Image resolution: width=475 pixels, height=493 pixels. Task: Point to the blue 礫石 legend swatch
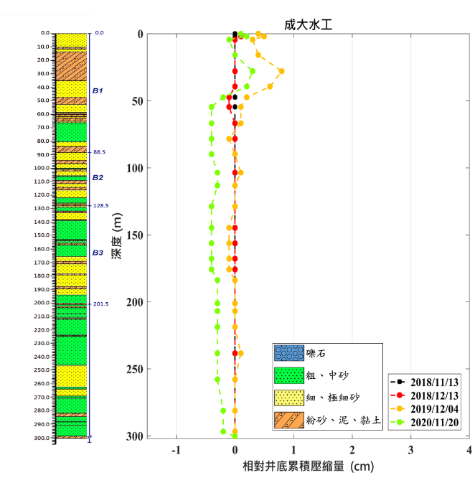(288, 353)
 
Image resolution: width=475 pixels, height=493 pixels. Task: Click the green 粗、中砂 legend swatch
(288, 375)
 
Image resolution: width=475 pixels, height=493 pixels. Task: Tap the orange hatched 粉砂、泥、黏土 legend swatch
(288, 420)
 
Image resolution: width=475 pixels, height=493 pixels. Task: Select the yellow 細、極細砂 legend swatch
(288, 398)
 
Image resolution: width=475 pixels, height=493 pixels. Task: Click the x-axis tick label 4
(469, 450)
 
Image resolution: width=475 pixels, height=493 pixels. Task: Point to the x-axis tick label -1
(176, 450)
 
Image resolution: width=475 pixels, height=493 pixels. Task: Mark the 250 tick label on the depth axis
(134, 370)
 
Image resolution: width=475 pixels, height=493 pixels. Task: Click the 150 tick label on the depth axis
(134, 235)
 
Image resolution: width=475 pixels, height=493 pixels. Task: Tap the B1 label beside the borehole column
(98, 91)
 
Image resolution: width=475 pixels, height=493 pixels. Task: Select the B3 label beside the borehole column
(98, 253)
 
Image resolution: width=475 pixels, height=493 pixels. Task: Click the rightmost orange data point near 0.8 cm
(281, 71)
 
